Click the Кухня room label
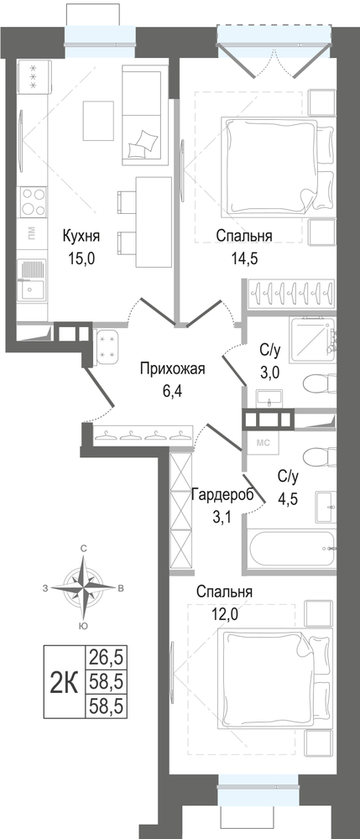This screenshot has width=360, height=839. tap(81, 236)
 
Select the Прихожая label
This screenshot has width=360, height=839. tap(172, 368)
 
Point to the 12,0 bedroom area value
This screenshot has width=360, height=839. tap(224, 613)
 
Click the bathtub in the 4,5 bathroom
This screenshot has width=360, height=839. tap(292, 550)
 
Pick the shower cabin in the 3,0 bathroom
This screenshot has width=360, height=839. tap(313, 337)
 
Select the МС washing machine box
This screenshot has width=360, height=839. tap(263, 442)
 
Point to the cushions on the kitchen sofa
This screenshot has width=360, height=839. tap(143, 143)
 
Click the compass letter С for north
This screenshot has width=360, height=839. tap(83, 549)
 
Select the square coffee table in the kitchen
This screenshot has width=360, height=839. tap(98, 119)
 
